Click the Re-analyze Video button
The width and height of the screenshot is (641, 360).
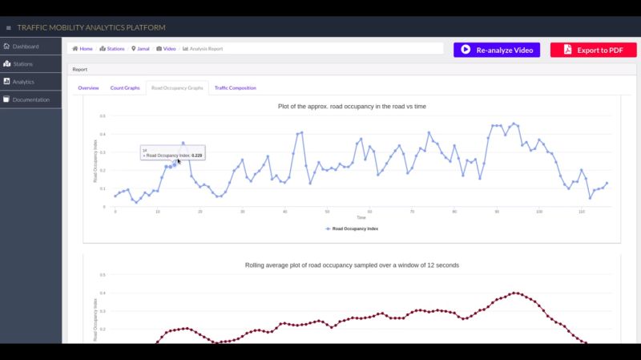pos(497,50)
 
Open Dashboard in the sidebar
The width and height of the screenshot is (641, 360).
pos(25,47)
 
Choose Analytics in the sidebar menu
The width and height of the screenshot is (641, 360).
pos(23,82)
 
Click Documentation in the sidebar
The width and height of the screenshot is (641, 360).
pos(30,100)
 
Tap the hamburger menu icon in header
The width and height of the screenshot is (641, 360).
pos(8,27)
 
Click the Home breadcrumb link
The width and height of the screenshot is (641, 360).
pos(83,49)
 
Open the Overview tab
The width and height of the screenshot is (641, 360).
pos(88,87)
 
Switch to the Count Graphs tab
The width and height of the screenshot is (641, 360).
pos(125,87)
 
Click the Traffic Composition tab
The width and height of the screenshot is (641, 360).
pos(235,87)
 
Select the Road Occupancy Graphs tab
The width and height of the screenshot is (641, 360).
pos(177,87)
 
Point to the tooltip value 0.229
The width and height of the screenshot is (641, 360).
pos(196,155)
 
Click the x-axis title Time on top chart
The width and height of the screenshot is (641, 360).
pos(361,217)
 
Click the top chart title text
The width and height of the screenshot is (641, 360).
pos(352,106)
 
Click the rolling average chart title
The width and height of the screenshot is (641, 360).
pos(352,265)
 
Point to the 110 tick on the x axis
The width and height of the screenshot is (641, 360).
pos(581,212)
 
